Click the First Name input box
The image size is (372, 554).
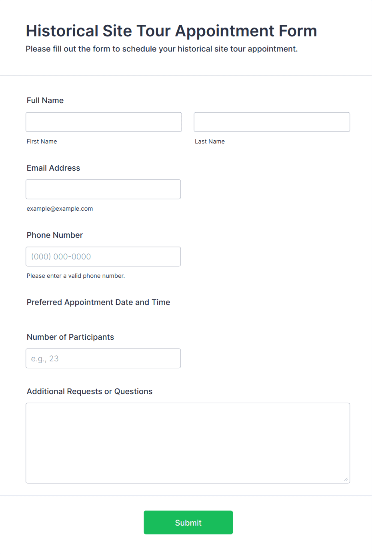click(104, 122)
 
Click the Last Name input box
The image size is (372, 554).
click(272, 122)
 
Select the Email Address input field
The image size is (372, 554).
click(103, 189)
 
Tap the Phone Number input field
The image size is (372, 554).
click(103, 257)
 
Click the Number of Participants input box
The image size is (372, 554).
click(103, 359)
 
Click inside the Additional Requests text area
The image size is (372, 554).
click(188, 443)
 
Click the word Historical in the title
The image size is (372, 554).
click(62, 31)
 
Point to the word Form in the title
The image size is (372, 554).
click(298, 31)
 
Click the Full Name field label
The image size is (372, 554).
click(45, 100)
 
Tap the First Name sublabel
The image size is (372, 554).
click(42, 141)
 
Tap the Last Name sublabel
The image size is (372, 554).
click(210, 141)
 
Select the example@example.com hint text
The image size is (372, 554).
click(60, 209)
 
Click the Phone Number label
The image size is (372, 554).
click(55, 235)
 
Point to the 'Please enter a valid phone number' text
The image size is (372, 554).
click(76, 276)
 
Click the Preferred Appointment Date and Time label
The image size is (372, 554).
click(98, 302)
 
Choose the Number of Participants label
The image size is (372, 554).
click(70, 337)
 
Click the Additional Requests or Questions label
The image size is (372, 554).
click(90, 391)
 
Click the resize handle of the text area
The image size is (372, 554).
click(346, 479)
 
